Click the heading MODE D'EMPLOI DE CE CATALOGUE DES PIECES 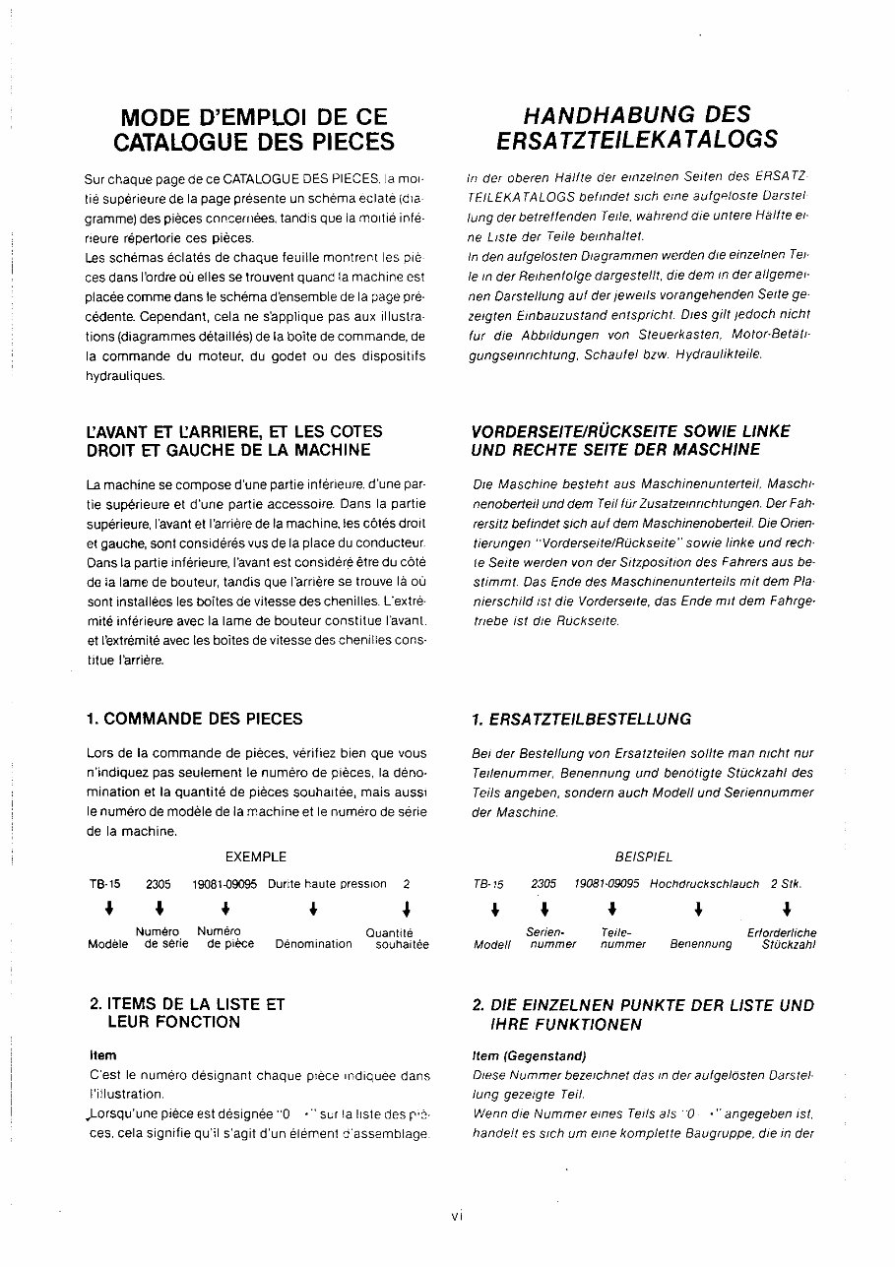click(x=255, y=129)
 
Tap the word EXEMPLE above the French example click(x=256, y=856)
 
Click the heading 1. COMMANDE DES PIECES click(x=195, y=719)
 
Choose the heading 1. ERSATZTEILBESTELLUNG click(x=581, y=720)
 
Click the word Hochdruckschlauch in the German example click(x=704, y=884)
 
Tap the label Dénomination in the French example click(x=313, y=944)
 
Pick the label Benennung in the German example click(x=701, y=944)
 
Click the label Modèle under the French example click(x=107, y=944)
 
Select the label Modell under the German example click(x=492, y=945)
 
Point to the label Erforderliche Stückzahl click(x=782, y=938)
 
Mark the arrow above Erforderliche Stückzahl click(x=786, y=909)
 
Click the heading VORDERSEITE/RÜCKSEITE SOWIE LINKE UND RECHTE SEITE click(x=630, y=440)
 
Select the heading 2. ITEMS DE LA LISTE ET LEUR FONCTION click(x=186, y=1013)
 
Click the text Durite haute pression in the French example click(x=327, y=884)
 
